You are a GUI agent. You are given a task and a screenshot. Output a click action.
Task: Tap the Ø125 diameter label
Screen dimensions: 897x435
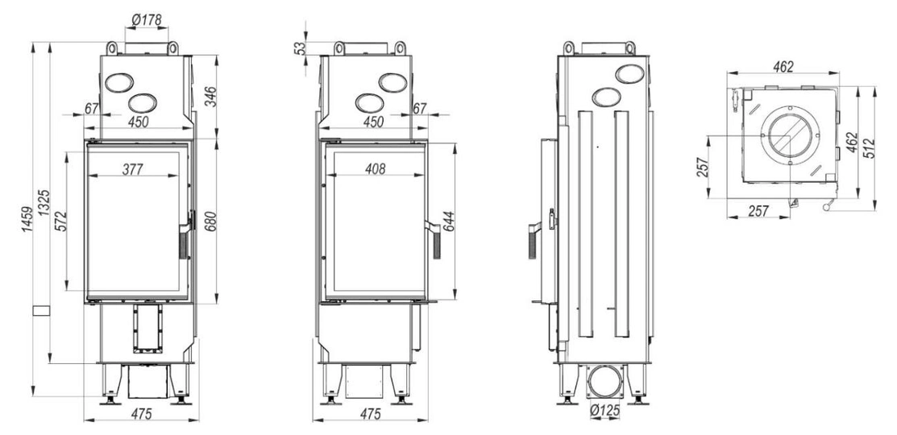pyautogui.click(x=604, y=410)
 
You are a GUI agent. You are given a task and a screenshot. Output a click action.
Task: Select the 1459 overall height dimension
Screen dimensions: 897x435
pyautogui.click(x=27, y=219)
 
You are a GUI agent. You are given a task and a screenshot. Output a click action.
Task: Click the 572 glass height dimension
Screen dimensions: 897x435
pyautogui.click(x=60, y=222)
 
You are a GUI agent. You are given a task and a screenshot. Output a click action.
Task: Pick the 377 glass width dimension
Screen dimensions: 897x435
pyautogui.click(x=133, y=168)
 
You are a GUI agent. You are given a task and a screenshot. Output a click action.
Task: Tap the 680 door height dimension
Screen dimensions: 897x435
pyautogui.click(x=210, y=222)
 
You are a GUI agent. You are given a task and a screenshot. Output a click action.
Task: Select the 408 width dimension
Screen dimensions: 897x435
pyautogui.click(x=375, y=168)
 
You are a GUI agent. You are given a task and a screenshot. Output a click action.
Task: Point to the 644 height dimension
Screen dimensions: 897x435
pyautogui.click(x=448, y=222)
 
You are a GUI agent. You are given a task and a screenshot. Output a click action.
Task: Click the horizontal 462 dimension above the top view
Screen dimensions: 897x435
pyautogui.click(x=783, y=67)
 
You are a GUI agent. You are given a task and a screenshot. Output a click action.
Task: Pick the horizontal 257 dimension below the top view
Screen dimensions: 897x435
pyautogui.click(x=758, y=211)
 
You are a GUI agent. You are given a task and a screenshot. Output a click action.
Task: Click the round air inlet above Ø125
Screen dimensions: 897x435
pyautogui.click(x=604, y=381)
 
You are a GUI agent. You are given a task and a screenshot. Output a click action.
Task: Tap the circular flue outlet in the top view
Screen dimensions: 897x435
pyautogui.click(x=789, y=135)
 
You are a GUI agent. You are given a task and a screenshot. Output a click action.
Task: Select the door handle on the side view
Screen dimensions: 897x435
pyautogui.click(x=534, y=240)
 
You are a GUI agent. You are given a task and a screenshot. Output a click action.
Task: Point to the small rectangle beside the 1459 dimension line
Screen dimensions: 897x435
pyautogui.click(x=41, y=311)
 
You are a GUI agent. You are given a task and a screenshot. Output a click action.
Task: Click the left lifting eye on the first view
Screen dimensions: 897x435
pyautogui.click(x=113, y=48)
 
